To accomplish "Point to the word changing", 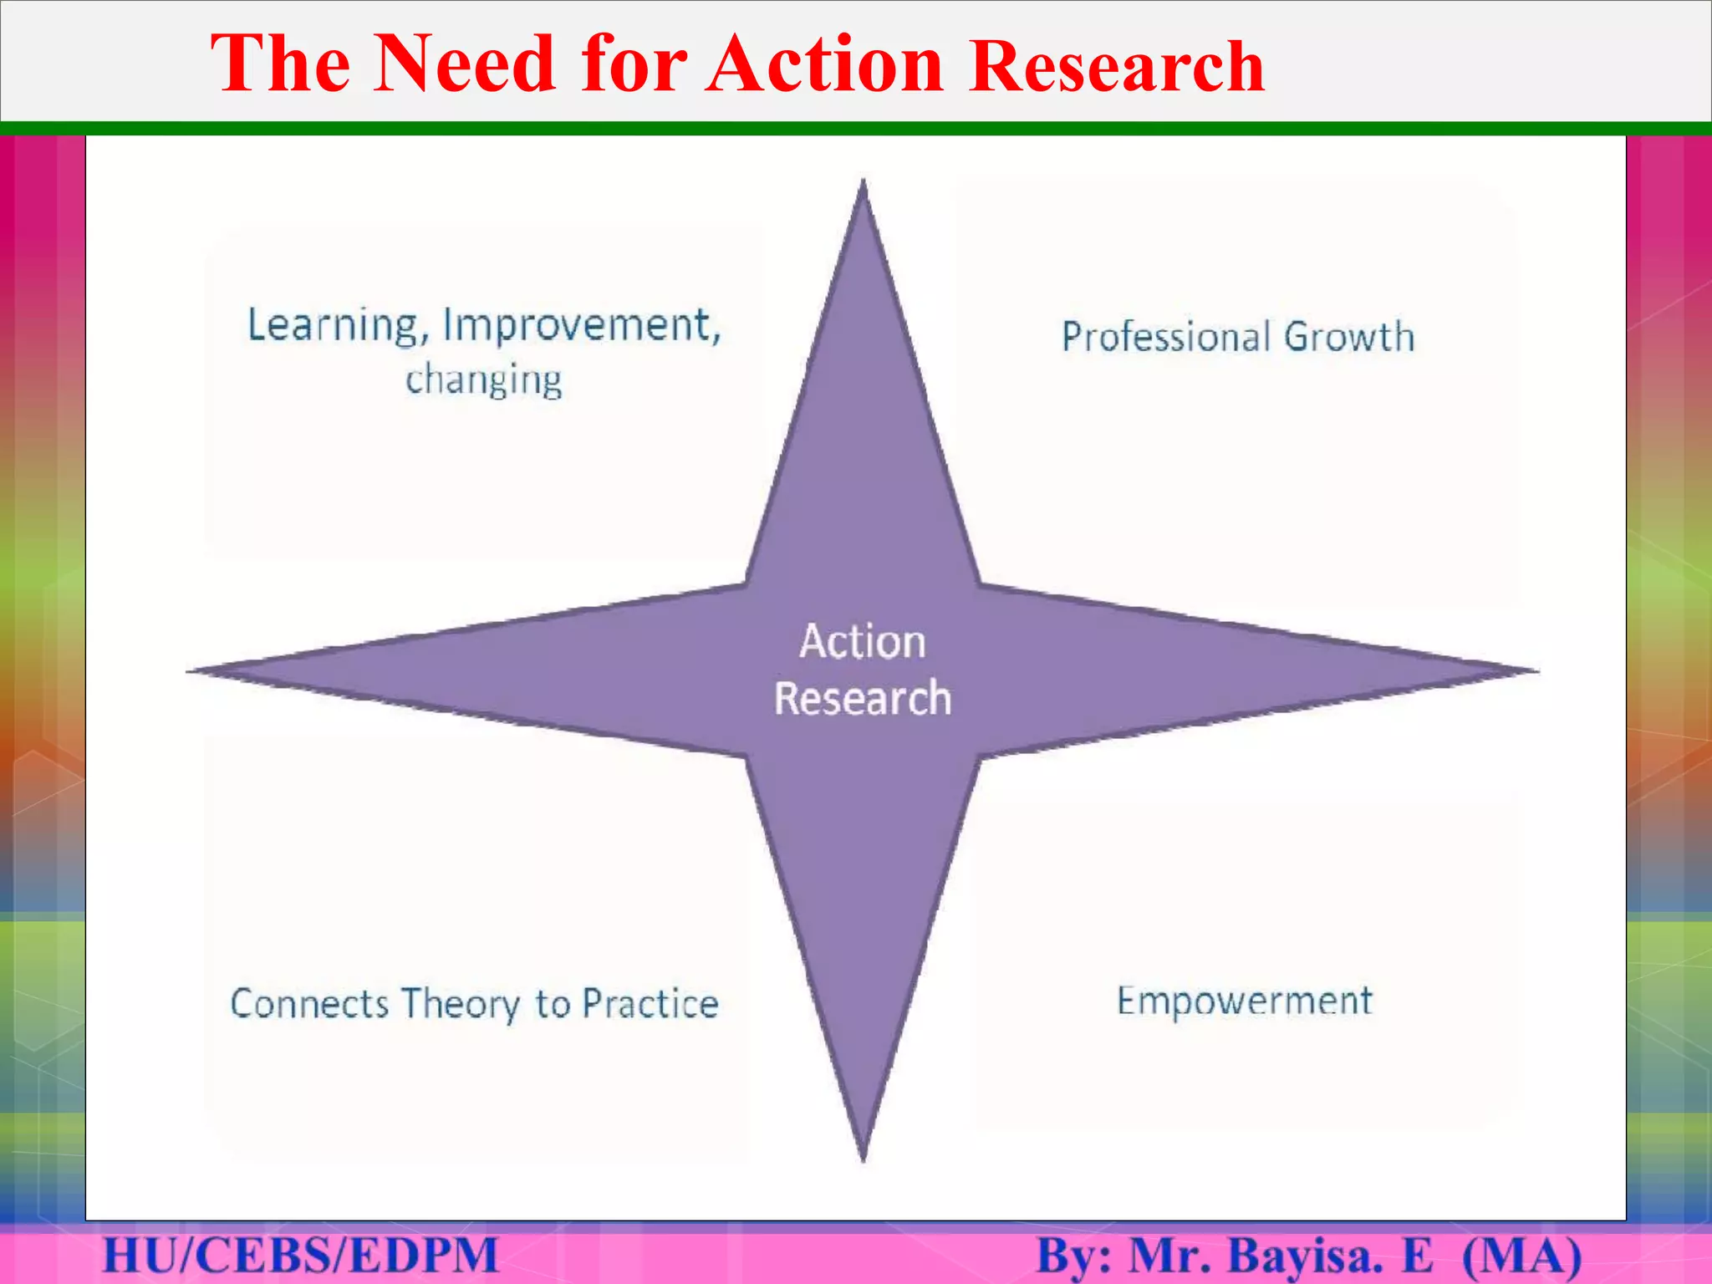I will coord(483,380).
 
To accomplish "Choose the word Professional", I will coord(1165,337).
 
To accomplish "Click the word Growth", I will coord(1349,337).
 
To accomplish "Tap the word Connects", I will coord(309,1004).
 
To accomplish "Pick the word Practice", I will coord(650,1004).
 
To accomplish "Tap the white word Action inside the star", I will coord(863,642).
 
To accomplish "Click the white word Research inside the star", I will coord(863,699).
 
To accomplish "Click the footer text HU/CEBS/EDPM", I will coord(301,1256).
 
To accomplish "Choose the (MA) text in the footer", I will coord(1521,1256).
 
